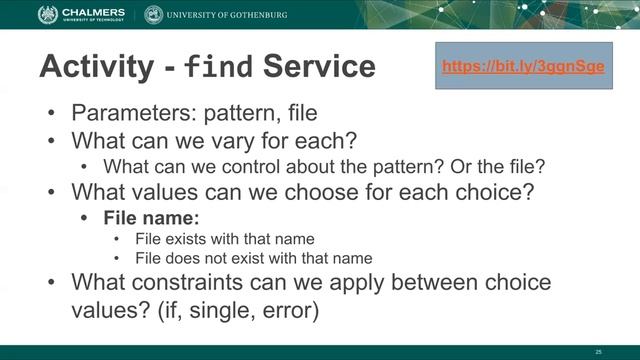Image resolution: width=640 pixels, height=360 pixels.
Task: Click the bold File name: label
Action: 145,216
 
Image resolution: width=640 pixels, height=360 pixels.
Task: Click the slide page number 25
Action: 598,351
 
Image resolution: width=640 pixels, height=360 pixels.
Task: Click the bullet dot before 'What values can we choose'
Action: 51,190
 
